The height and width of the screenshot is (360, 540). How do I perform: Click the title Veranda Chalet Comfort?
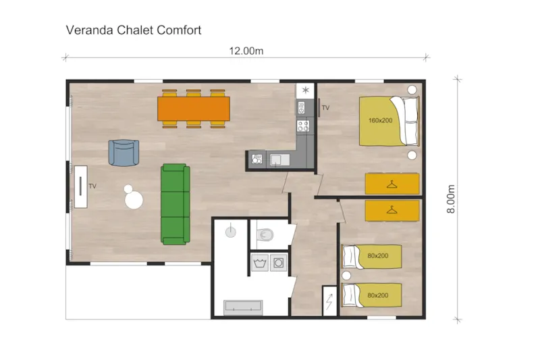coord(134,30)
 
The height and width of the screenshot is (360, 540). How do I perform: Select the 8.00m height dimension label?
coord(452,200)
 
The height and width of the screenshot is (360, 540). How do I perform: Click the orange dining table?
coord(194,108)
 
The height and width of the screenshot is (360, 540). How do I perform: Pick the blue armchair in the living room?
coord(123,152)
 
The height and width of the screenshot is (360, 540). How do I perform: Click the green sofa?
coord(175,203)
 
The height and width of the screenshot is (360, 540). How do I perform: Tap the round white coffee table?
coord(133,200)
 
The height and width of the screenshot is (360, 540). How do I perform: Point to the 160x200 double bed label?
coord(380,121)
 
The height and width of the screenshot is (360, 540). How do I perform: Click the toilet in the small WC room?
coord(265,235)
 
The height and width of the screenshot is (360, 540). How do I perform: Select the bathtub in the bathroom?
coord(243,306)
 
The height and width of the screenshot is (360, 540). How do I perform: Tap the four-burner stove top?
coord(303,125)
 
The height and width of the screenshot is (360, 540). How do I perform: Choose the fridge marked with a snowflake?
coord(306,90)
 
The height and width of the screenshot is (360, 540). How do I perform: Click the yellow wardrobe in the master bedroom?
coord(392,184)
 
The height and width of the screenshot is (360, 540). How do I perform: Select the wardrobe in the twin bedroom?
coord(392,209)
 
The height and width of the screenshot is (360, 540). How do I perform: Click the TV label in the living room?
coord(92,186)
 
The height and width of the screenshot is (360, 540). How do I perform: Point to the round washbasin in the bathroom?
coord(232,231)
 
